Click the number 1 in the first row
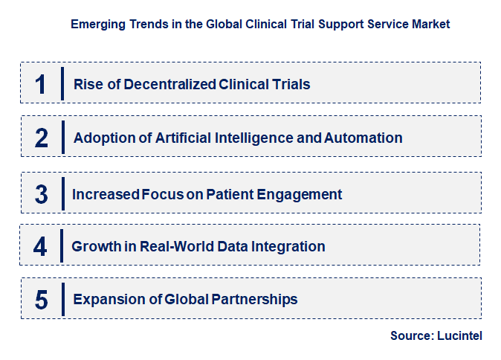point(40,84)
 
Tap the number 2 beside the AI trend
point(41,138)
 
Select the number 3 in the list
point(41,194)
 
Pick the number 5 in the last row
point(41,300)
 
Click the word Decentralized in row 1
point(170,84)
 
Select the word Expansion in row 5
point(105,300)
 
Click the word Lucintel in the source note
point(460,336)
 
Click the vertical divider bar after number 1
point(63,83)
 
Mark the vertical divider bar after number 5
point(63,299)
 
